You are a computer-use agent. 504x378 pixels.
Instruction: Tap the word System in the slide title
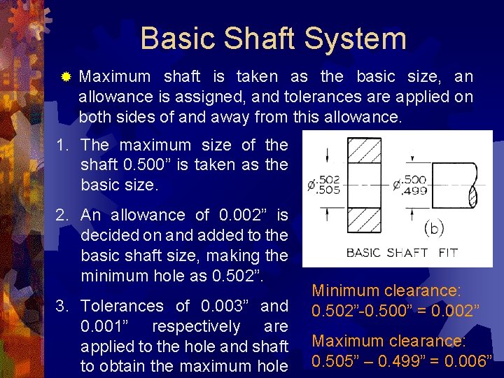(x=359, y=38)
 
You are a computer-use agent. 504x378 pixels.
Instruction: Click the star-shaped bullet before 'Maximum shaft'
(x=66, y=76)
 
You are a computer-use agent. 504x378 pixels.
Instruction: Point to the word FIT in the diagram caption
(x=448, y=253)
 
